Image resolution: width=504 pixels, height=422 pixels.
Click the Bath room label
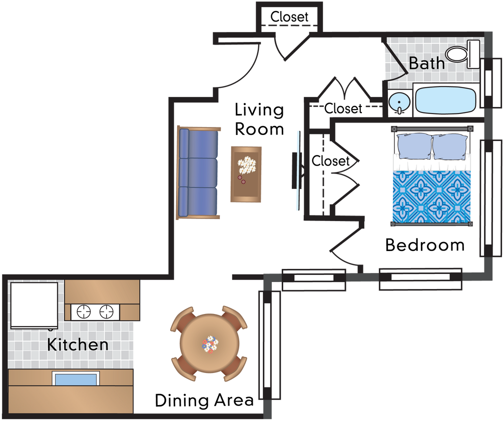(426, 63)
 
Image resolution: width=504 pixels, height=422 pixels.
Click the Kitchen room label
(78, 344)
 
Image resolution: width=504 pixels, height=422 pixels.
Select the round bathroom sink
(399, 103)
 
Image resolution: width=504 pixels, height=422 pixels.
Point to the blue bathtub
(444, 100)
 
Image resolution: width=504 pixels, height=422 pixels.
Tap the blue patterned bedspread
(431, 196)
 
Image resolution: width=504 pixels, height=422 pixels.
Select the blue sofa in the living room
(198, 173)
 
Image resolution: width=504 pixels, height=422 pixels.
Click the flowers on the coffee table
(246, 165)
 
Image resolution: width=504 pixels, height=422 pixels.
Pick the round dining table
(210, 343)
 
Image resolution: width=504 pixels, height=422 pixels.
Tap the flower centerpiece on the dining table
(210, 344)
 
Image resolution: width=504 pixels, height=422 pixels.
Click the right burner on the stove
(107, 312)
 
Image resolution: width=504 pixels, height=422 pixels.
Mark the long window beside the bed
(488, 198)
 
